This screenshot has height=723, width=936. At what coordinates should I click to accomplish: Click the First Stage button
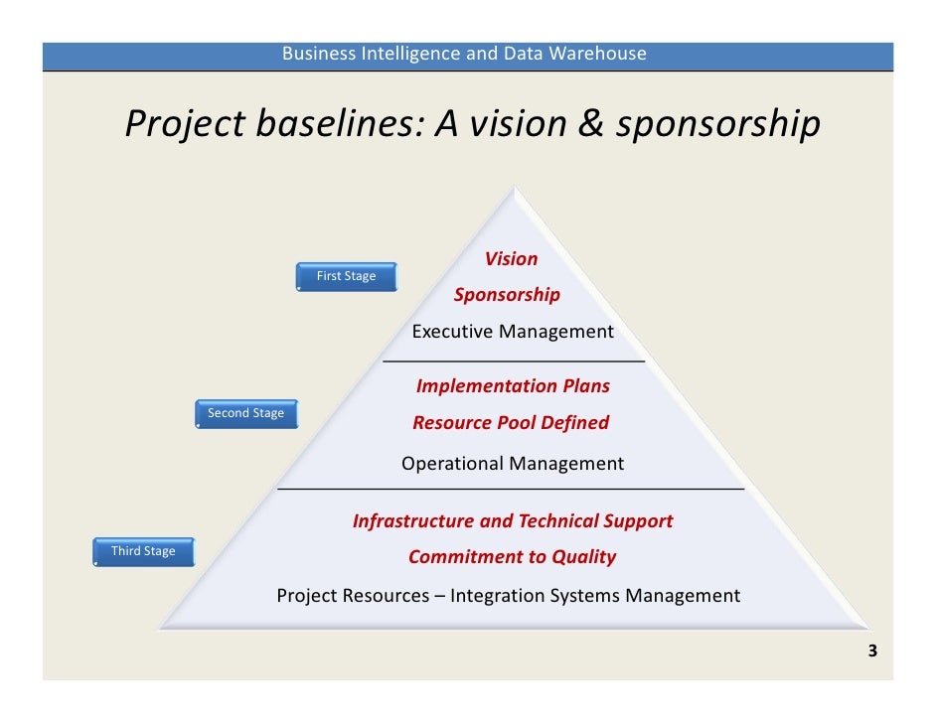click(346, 277)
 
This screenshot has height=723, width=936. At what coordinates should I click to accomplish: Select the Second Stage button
click(245, 414)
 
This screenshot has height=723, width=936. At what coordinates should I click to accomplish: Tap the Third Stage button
click(143, 552)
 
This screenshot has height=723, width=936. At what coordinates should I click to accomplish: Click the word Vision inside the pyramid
click(511, 259)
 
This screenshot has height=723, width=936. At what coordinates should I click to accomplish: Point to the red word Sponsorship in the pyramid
click(507, 295)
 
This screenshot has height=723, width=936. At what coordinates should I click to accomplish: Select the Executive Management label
click(513, 332)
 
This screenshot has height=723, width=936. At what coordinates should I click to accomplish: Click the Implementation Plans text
click(513, 386)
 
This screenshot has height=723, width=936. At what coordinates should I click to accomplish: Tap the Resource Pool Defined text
click(511, 423)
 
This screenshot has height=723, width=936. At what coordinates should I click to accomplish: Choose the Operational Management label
click(513, 464)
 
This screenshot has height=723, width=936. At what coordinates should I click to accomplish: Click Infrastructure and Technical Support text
click(513, 521)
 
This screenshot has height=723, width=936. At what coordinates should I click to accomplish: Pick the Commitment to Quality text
click(512, 557)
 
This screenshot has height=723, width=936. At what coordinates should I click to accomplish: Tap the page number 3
click(872, 652)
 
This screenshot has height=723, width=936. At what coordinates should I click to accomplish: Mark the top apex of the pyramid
click(513, 188)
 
